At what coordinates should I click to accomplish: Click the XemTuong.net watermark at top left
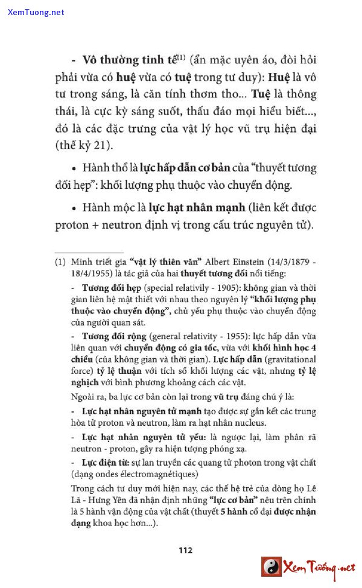click(x=36, y=12)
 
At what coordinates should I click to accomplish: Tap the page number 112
click(x=185, y=549)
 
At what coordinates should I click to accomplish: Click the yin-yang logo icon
click(x=271, y=567)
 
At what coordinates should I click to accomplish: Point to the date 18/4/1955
click(x=90, y=273)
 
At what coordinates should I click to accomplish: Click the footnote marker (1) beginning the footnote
click(x=60, y=262)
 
